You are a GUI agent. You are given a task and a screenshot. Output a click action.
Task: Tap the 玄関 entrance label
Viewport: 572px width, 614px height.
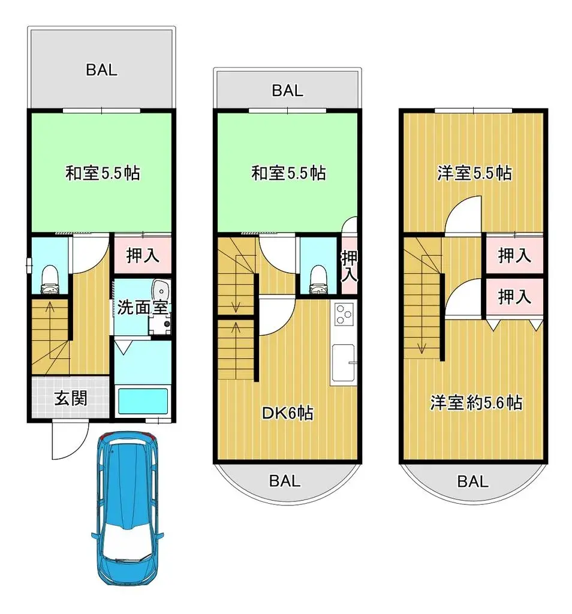pyautogui.click(x=71, y=398)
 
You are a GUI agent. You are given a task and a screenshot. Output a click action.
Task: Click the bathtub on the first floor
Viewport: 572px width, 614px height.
pyautogui.click(x=142, y=401)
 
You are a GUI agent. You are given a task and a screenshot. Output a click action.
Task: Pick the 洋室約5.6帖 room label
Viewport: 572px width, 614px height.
pyautogui.click(x=475, y=402)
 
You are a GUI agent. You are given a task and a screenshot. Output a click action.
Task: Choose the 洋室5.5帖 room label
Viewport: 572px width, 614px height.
pyautogui.click(x=474, y=174)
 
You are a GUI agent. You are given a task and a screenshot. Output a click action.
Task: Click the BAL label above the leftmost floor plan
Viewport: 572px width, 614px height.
pyautogui.click(x=101, y=70)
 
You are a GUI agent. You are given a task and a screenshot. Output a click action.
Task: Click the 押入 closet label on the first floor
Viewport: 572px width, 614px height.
pyautogui.click(x=143, y=256)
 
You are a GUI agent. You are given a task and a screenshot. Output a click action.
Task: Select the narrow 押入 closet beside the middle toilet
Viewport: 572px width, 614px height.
pyautogui.click(x=349, y=267)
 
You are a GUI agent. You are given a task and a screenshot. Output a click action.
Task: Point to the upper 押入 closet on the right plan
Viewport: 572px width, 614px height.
pyautogui.click(x=514, y=256)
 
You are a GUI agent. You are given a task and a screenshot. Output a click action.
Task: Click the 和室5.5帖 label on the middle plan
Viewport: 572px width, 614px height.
pyautogui.click(x=288, y=174)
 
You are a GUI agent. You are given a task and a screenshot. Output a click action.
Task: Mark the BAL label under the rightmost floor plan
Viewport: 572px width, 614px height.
pyautogui.click(x=473, y=481)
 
